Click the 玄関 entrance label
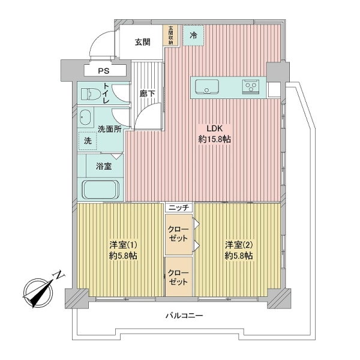coord(142,42)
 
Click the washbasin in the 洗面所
coord(84,116)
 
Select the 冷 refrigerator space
coord(193,35)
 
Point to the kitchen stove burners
coord(250,88)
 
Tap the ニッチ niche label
coord(178,208)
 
